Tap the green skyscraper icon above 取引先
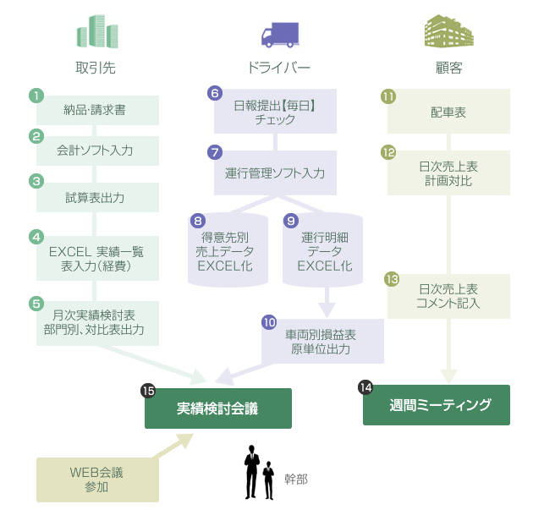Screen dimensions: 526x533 pyautogui.click(x=96, y=32)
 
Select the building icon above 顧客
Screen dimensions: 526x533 pyautogui.click(x=448, y=32)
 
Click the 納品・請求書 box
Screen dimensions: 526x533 pyautogui.click(x=97, y=110)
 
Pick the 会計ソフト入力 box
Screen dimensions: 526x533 pyautogui.click(x=97, y=151)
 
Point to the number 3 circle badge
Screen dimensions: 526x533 pyautogui.click(x=36, y=181)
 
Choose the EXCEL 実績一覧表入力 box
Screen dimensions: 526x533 pyautogui.click(x=97, y=259)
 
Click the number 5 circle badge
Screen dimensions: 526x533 pyautogui.click(x=36, y=303)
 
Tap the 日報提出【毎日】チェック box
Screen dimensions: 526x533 pyautogui.click(x=276, y=112)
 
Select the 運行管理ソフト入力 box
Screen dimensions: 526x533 pyautogui.click(x=276, y=173)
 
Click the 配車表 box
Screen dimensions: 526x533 pyautogui.click(x=448, y=112)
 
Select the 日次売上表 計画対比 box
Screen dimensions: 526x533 pyautogui.click(x=448, y=173)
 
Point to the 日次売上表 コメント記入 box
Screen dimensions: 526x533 pyautogui.click(x=448, y=295)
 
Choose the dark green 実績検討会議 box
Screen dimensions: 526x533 pyautogui.click(x=218, y=408)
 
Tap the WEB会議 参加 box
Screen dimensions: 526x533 pyautogui.click(x=97, y=479)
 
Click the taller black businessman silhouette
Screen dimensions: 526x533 pyautogui.click(x=251, y=472)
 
